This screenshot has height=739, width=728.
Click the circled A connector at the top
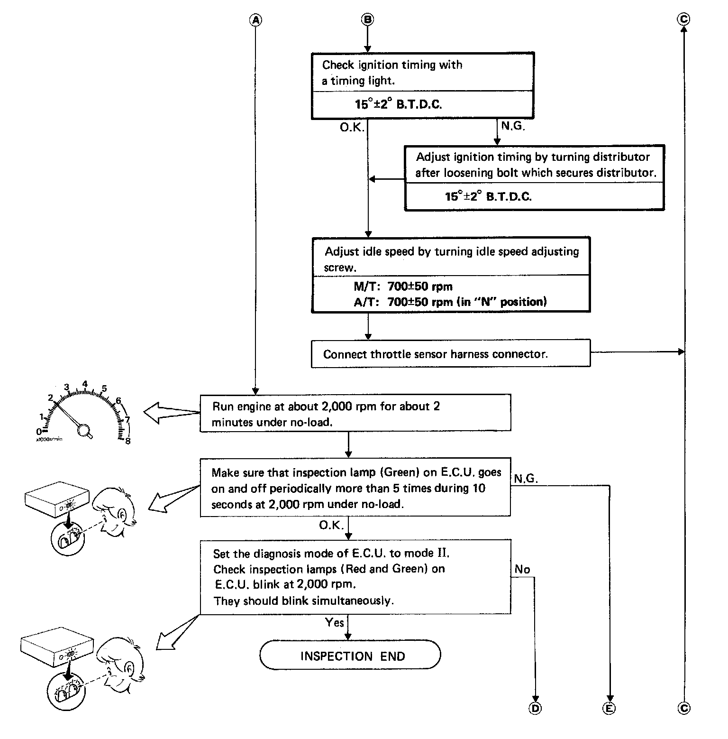(x=255, y=19)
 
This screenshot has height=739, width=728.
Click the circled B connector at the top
(x=367, y=19)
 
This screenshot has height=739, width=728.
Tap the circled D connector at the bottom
(x=535, y=708)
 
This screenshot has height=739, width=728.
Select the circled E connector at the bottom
(x=609, y=708)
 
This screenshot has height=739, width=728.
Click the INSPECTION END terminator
(x=350, y=656)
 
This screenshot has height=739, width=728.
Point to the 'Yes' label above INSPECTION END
(x=334, y=622)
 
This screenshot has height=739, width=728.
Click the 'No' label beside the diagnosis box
(x=522, y=569)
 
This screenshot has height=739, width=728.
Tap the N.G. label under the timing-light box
(x=513, y=127)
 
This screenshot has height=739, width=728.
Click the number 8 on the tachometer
(x=127, y=441)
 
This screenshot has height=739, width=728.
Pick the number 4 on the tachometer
(x=85, y=384)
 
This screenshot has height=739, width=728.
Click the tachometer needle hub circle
(x=85, y=430)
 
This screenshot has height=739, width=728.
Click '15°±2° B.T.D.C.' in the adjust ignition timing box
(x=488, y=196)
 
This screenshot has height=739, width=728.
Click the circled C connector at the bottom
(x=683, y=708)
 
